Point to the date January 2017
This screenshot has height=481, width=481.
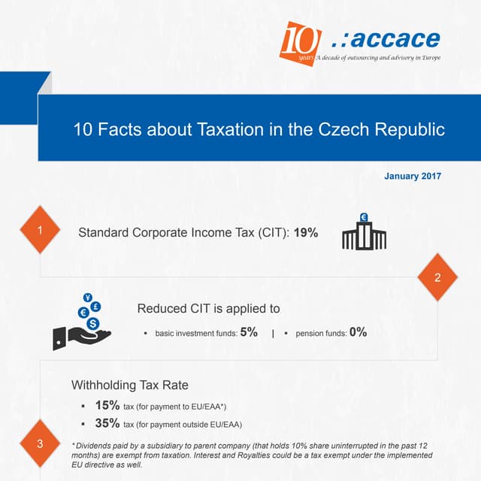413,177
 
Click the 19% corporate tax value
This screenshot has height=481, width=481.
306,233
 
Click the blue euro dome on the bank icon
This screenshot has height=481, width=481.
364,218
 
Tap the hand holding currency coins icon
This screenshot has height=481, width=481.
82,322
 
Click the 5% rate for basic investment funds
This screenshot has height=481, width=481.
249,331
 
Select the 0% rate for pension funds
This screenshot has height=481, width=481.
358,331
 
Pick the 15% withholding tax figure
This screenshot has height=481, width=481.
107,405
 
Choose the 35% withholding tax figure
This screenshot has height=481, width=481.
107,423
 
